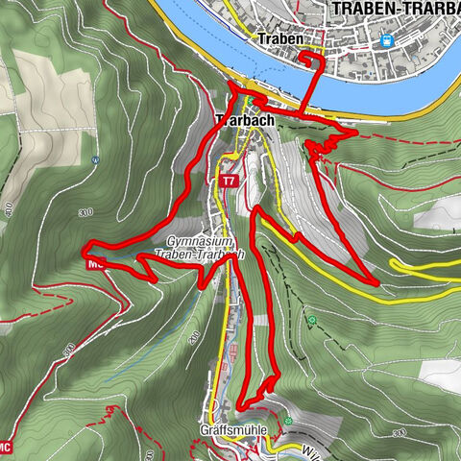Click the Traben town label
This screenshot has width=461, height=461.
(280, 40)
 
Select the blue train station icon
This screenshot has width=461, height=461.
(387, 40)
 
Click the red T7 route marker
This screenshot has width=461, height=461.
(228, 182)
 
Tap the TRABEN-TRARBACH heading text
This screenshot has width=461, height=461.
(394, 10)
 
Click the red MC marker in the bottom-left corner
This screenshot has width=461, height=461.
(6, 446)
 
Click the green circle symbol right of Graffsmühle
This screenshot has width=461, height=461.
(288, 421)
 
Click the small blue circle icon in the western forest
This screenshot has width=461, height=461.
(95, 159)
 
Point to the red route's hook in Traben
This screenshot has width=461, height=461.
(312, 60)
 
